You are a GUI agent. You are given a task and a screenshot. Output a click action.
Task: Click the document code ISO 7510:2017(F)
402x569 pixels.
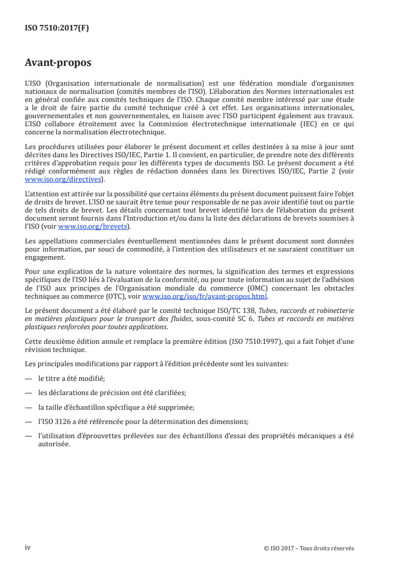point(57,28)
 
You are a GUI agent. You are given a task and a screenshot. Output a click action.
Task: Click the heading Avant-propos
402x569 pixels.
point(58,63)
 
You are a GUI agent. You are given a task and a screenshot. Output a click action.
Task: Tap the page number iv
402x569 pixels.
point(28,548)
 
